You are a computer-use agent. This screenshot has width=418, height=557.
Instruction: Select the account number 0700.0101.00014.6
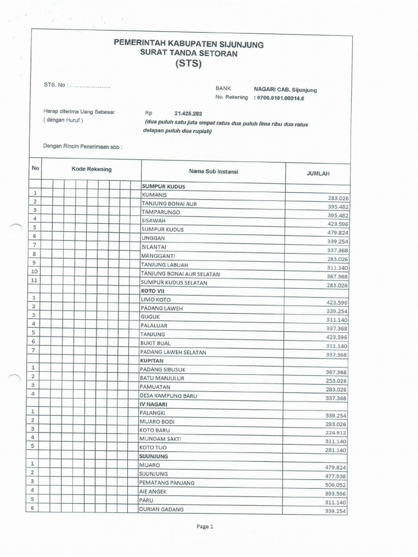[x=287, y=98]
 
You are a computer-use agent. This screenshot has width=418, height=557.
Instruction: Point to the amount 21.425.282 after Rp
[x=189, y=114]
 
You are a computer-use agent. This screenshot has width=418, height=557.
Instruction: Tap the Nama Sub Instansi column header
[x=213, y=171]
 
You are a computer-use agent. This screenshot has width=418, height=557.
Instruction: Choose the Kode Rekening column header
[x=91, y=169]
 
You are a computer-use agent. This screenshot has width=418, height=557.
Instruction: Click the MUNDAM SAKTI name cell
[x=161, y=438]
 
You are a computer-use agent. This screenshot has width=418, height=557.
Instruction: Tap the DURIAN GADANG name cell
[x=162, y=509]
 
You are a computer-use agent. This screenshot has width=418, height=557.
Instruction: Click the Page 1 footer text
[x=206, y=527]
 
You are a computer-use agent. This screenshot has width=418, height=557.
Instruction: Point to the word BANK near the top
[x=223, y=88]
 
